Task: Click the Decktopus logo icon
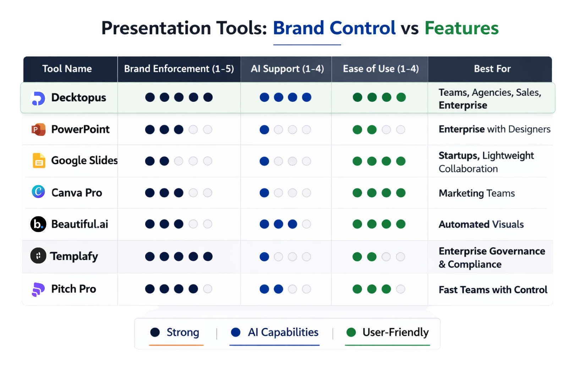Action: point(38,98)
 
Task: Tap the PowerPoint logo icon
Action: point(38,129)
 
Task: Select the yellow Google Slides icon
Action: point(39,161)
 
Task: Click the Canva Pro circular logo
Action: point(38,192)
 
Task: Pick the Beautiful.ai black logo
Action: point(38,224)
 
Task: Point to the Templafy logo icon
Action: point(38,256)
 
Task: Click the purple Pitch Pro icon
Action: point(38,289)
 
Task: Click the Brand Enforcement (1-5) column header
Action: point(179,69)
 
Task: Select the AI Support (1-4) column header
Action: point(287,69)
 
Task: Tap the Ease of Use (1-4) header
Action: point(380,69)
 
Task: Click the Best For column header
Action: point(492,69)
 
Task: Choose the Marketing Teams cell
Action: point(477,193)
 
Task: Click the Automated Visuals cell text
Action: point(481,224)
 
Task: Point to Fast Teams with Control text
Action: point(493,290)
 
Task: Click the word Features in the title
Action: point(461,28)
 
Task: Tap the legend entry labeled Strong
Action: point(182,332)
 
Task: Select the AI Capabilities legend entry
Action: point(283,332)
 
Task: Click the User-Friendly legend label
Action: point(395,332)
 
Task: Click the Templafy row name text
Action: point(74,256)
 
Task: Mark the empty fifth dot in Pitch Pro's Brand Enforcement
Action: point(208,289)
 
